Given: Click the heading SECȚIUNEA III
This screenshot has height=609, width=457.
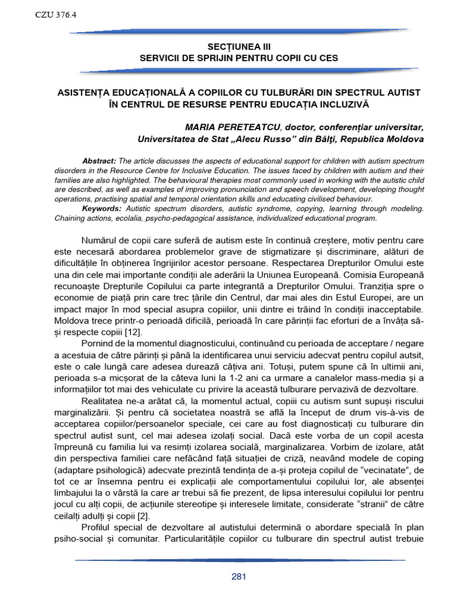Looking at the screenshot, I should tap(238, 46).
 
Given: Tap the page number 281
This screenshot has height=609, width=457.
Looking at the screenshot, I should tap(238, 576).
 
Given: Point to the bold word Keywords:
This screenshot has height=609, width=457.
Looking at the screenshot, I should tap(102, 209).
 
